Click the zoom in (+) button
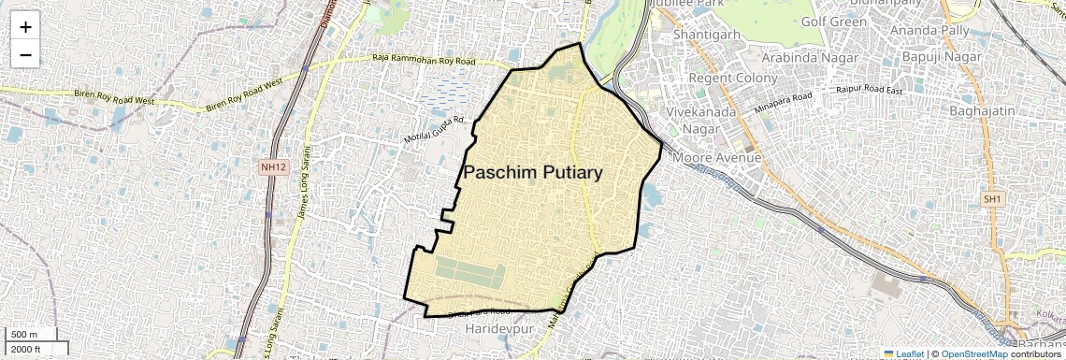(25, 27)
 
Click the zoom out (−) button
(25, 54)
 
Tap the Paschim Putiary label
(533, 172)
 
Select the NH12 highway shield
(271, 166)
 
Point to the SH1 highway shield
(992, 199)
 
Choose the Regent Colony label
(733, 78)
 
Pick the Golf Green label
(834, 22)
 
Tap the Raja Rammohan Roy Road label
(424, 62)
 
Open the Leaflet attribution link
(904, 353)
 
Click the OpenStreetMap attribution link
(973, 353)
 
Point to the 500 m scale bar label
(24, 335)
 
